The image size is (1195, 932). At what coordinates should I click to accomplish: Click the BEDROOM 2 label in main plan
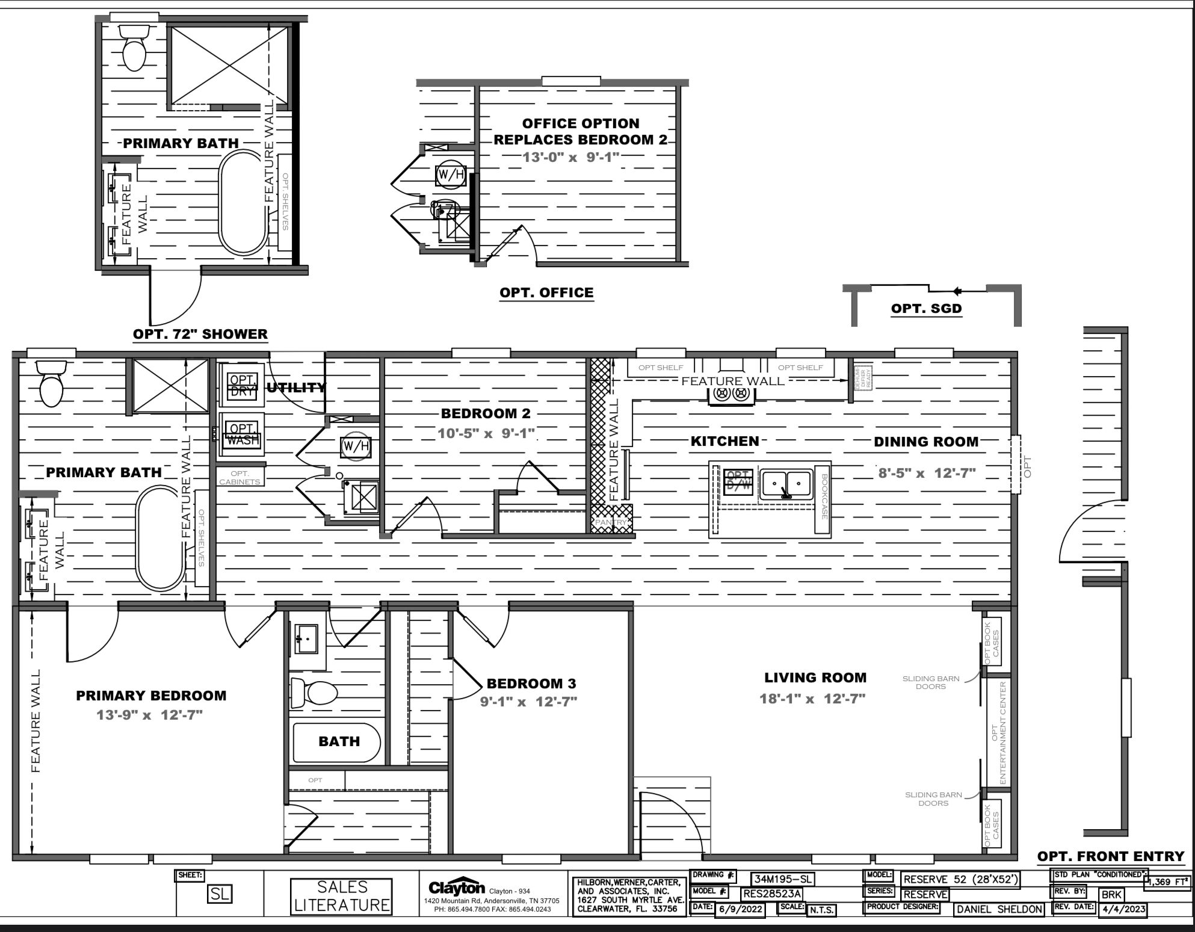486,413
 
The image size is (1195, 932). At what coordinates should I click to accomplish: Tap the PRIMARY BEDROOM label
151,696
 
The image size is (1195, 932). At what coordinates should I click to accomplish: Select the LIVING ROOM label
815,677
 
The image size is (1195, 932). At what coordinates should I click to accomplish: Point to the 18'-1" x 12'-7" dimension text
812,699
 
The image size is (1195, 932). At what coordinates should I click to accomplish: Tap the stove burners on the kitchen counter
731,395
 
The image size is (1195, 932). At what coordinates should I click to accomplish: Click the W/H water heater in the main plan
354,446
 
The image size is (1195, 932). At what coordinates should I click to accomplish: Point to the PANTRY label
611,523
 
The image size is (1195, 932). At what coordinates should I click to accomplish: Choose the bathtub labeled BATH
337,742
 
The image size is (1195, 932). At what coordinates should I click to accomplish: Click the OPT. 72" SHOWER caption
200,334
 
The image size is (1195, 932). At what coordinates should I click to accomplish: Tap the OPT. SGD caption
926,309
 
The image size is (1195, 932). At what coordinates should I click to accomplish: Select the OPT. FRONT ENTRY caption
1111,856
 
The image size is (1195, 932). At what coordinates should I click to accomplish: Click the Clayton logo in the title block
456,887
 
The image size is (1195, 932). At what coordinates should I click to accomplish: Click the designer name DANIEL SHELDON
998,909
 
